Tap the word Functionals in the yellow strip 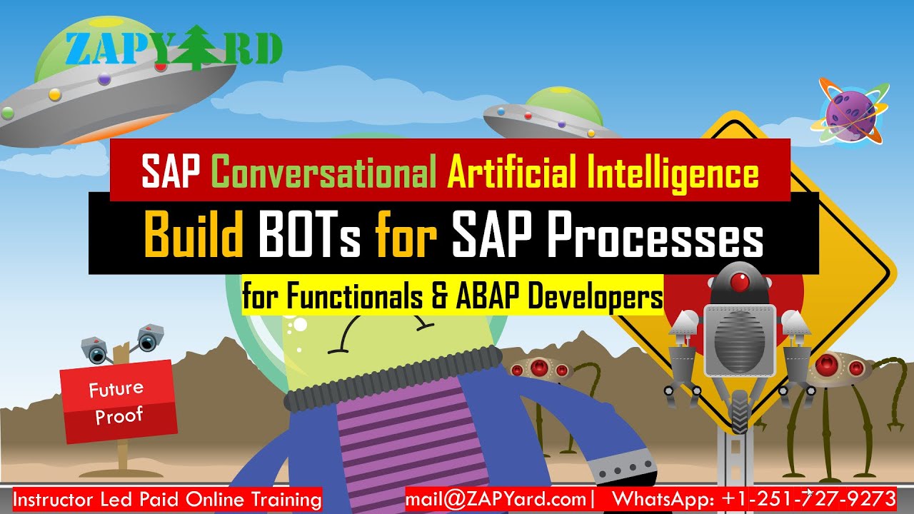pyautogui.click(x=354, y=296)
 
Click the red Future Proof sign pyautogui.click(x=118, y=401)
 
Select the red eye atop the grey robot pyautogui.click(x=740, y=283)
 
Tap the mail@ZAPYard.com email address pyautogui.click(x=496, y=498)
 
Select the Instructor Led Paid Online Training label pyautogui.click(x=167, y=499)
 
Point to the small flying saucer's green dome pyautogui.click(x=558, y=101)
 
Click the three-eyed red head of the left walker pyautogui.click(x=539, y=369)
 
